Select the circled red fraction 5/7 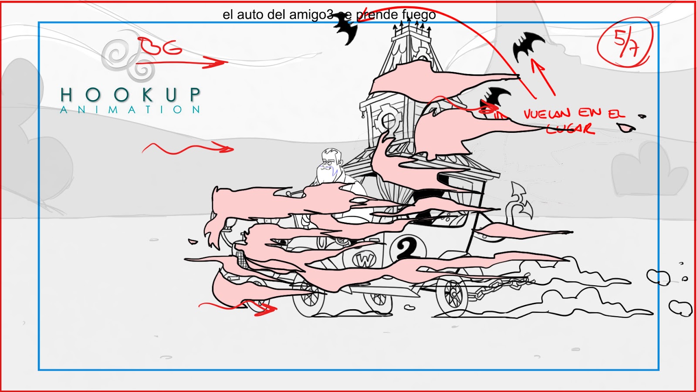point(626,42)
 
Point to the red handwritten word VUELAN point(547,114)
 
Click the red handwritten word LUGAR point(570,128)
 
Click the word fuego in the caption point(419,15)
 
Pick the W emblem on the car point(364,260)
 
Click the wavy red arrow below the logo point(187,149)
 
